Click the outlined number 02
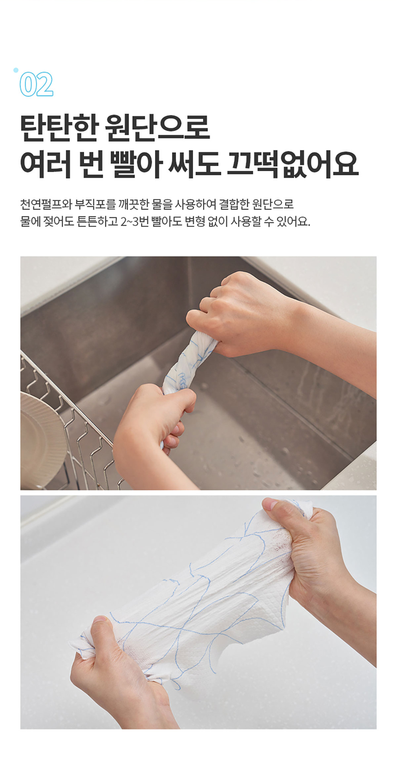(x=36, y=85)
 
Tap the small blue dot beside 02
(x=16, y=70)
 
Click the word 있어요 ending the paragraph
(x=292, y=221)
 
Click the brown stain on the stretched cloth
(x=277, y=547)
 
